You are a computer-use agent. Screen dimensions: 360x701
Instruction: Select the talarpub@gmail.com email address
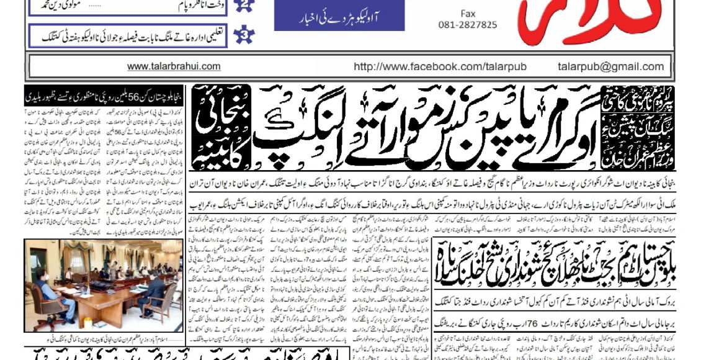[610, 66]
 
